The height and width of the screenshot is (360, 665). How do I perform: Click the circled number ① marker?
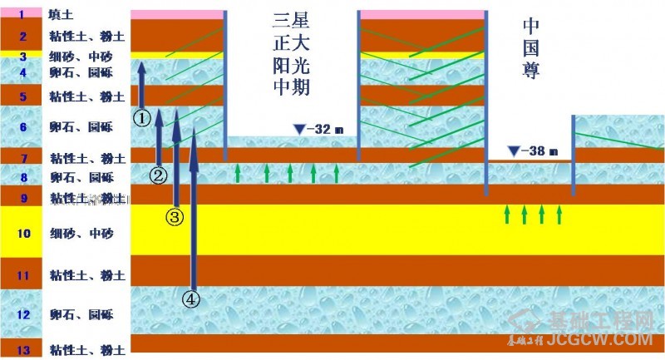[x=142, y=118]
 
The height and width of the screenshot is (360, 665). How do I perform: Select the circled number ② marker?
[x=159, y=175]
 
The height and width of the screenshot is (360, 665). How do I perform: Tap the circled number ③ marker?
[x=175, y=217]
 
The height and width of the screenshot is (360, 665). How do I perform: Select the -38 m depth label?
[x=539, y=151]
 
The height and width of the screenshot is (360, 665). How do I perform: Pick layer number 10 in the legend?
[x=23, y=233]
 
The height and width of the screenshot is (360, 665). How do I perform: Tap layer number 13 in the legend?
[x=23, y=350]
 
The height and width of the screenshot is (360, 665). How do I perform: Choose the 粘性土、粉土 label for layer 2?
[x=81, y=37]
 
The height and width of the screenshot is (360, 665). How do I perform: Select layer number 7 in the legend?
[x=22, y=157]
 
